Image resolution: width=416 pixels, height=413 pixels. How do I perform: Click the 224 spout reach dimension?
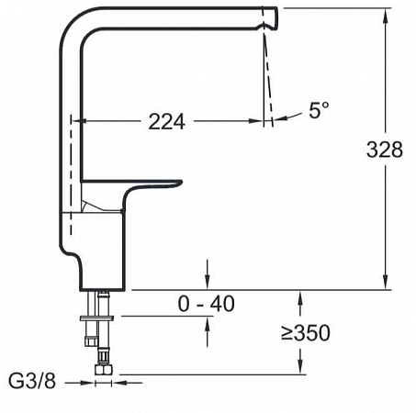pos(167,122)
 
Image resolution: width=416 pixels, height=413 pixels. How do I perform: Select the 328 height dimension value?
pos(385,150)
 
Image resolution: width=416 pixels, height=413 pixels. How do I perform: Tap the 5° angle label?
pos(319,110)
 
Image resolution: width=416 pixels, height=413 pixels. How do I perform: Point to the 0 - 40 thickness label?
pos(207,304)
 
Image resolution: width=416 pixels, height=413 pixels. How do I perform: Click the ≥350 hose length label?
pos(306,333)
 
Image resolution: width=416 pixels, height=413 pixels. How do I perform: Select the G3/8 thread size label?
pos(32,381)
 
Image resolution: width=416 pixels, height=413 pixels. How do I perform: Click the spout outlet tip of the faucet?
pos(271,18)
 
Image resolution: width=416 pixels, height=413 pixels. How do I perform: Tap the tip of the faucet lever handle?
pos(180,183)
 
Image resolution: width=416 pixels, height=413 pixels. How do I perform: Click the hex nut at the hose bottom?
pos(103,370)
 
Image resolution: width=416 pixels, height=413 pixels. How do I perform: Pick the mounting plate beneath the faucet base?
pos(96,318)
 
